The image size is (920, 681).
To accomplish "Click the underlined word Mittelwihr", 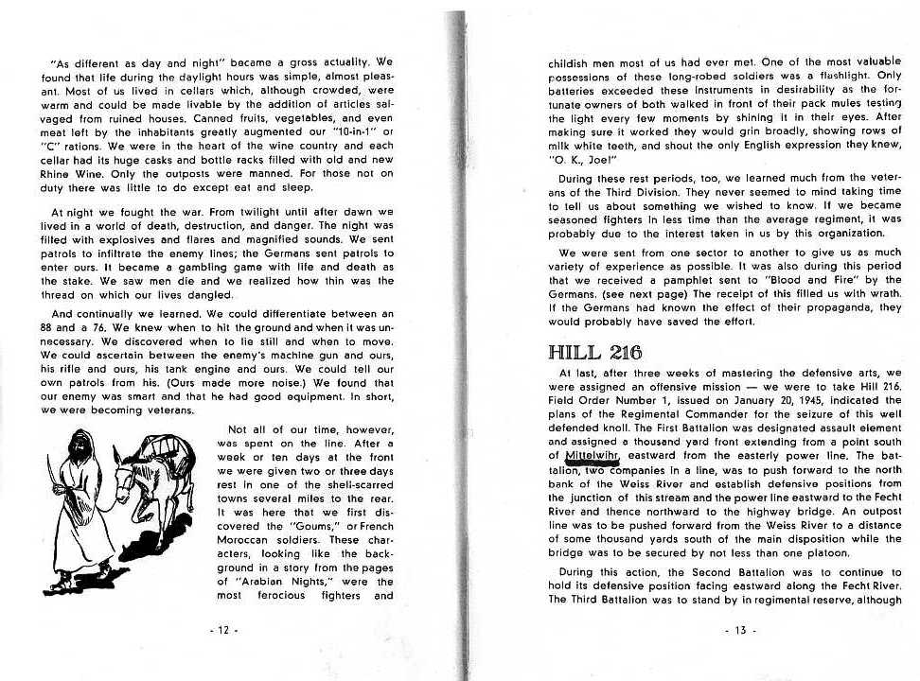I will click(592, 455).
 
